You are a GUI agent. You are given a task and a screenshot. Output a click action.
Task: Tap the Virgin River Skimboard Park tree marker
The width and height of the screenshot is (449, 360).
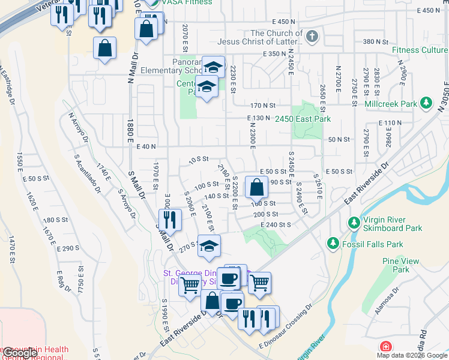pos(354,223)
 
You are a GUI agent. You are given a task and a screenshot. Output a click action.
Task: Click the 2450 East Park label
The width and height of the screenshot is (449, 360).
pos(303,119)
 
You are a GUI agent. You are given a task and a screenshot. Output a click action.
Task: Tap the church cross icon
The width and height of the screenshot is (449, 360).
pos(311,37)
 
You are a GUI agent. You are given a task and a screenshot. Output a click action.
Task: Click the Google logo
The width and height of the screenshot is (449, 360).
pos(19,353)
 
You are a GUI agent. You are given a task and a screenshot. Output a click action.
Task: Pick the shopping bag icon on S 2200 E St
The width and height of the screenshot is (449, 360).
pos(256,188)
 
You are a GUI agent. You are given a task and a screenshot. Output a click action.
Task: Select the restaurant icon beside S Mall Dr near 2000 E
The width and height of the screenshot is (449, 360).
pos(170,221)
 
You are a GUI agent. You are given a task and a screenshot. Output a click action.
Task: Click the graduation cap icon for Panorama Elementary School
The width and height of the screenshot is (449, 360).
pos(212,67)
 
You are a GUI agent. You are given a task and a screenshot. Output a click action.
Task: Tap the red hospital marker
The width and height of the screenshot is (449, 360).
pos(385,347)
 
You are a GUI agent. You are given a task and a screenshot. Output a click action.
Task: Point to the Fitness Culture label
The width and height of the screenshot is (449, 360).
pos(420,50)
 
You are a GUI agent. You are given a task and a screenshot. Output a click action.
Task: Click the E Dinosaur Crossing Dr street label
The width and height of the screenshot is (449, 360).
pos(286,328)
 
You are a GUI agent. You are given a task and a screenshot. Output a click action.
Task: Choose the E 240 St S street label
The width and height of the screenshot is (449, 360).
pos(276,224)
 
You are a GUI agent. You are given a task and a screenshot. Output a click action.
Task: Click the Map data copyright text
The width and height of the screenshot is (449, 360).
pos(412,355)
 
